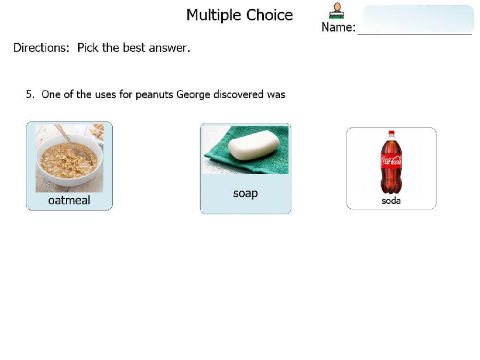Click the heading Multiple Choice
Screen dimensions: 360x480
point(240,15)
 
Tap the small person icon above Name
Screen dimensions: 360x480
point(336,11)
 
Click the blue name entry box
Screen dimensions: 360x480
point(418,19)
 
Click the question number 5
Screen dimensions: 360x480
point(29,95)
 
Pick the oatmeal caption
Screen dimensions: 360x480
point(69,200)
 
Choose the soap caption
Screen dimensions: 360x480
point(245,193)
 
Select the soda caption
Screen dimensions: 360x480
point(391,201)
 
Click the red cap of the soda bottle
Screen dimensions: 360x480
point(391,133)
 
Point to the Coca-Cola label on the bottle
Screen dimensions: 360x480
point(391,161)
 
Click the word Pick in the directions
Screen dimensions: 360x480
point(88,48)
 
